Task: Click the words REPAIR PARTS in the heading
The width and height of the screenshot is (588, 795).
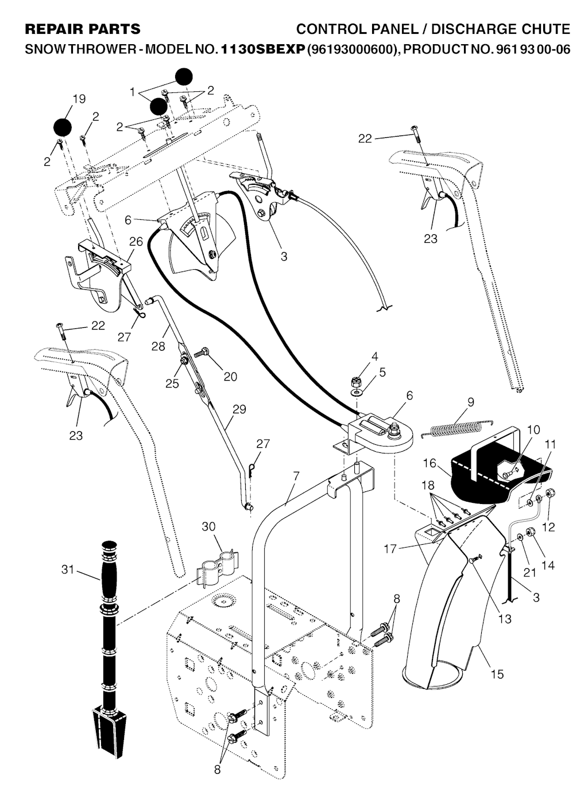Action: [83, 29]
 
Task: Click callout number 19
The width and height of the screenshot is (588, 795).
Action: [79, 99]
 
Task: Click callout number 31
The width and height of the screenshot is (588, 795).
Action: [68, 569]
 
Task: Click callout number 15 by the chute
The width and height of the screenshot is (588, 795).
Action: [497, 673]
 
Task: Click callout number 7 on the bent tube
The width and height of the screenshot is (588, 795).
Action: [296, 476]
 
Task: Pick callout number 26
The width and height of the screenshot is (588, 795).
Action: [136, 242]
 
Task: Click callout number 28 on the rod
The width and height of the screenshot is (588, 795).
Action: [158, 346]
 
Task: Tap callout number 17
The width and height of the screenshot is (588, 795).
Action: [390, 549]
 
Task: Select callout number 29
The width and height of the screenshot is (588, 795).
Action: [239, 409]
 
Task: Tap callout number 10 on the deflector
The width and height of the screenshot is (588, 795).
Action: [533, 430]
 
